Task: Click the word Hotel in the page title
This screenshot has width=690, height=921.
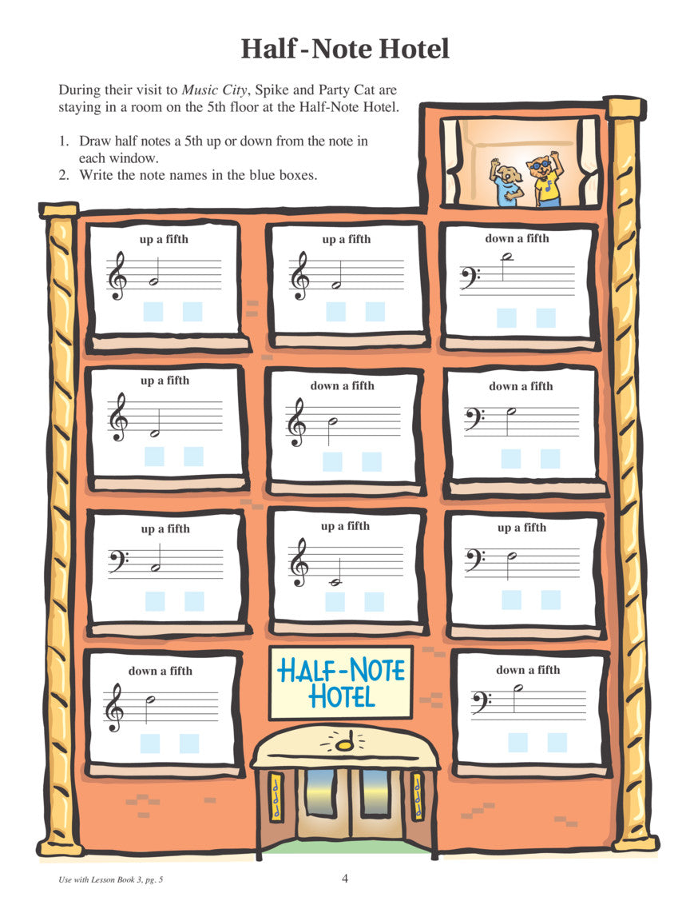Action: click(414, 49)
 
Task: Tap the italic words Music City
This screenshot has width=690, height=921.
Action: click(214, 90)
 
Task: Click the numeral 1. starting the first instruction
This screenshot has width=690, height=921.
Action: click(64, 142)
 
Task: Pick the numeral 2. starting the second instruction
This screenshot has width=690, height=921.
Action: click(64, 175)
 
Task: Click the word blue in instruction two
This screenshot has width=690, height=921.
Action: click(262, 175)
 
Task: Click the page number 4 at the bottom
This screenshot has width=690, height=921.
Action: click(345, 878)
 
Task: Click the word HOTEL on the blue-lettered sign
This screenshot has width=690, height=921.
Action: click(342, 697)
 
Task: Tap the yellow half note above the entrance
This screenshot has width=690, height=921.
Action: click(344, 742)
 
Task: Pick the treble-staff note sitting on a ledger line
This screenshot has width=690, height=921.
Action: click(337, 582)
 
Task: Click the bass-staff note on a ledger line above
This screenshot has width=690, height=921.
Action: click(507, 257)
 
